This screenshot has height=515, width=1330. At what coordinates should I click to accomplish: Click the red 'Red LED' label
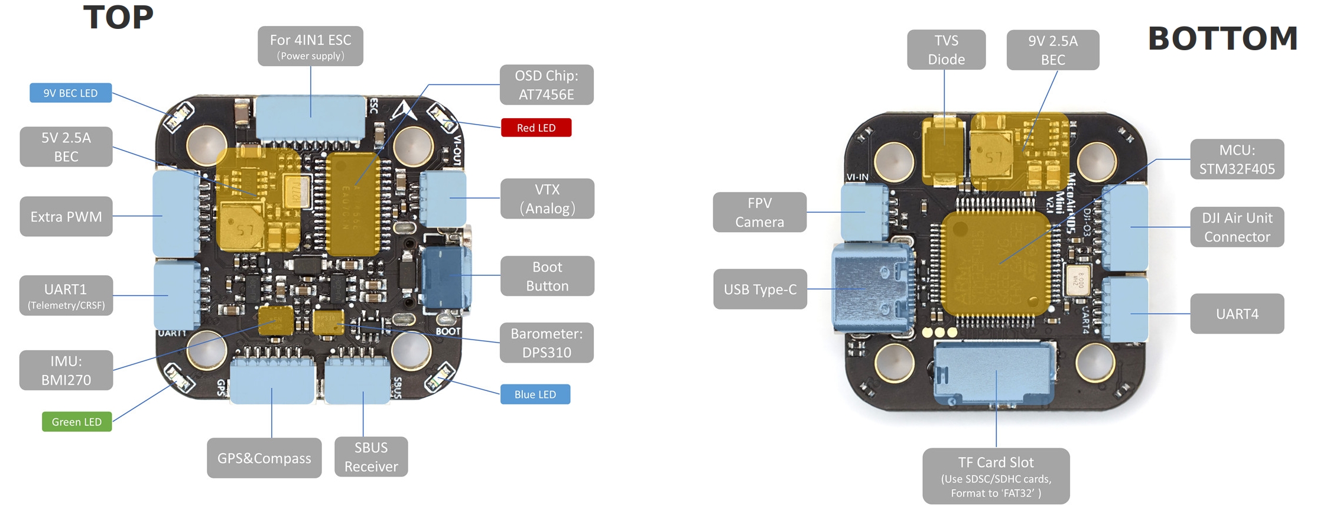[536, 128]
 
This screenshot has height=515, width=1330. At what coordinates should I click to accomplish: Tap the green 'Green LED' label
[77, 422]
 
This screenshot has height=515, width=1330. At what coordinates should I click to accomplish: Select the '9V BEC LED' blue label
[70, 93]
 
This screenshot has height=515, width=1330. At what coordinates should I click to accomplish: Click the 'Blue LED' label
[535, 395]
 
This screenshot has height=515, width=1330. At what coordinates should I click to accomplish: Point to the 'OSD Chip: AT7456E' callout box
[546, 85]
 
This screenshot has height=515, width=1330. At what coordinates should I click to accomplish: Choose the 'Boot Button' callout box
[547, 276]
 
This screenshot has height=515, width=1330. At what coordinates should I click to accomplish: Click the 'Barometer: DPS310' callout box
[547, 343]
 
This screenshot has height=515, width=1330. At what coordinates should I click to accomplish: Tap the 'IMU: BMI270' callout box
[66, 370]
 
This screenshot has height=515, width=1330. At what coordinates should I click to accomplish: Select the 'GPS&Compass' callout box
[264, 458]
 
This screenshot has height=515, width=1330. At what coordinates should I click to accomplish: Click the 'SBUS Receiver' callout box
[371, 457]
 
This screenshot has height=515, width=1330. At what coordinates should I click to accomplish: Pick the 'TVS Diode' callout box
[946, 50]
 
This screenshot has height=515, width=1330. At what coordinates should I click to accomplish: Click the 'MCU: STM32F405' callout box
[1237, 159]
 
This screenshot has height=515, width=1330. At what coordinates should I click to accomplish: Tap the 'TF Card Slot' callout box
[996, 476]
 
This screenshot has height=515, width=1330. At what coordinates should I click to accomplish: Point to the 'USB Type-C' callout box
[760, 289]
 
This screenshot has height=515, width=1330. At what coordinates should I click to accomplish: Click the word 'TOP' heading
[118, 17]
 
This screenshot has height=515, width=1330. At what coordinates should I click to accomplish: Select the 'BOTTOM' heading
[1222, 39]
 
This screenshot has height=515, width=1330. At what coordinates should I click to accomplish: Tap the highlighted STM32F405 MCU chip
[995, 263]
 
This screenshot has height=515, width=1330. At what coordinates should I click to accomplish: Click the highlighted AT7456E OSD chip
[353, 204]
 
